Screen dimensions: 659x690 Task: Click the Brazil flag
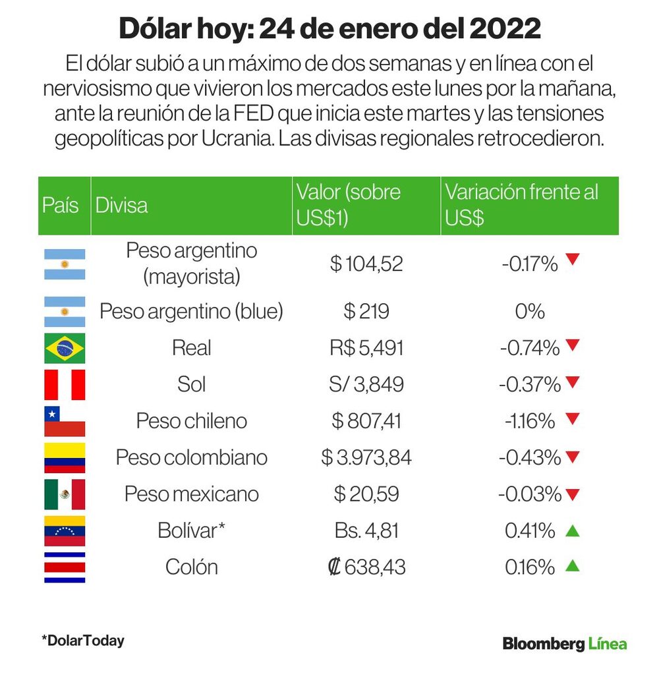(65, 348)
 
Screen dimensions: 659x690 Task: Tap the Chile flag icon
(65, 421)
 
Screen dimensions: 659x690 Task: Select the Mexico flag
(65, 494)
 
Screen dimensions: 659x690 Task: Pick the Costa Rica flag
(65, 567)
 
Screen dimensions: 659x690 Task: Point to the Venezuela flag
(65, 531)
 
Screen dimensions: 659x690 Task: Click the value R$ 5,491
(366, 348)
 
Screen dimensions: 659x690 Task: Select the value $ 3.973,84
(366, 457)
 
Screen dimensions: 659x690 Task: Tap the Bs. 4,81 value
(366, 531)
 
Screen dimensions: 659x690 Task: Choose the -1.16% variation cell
(530, 421)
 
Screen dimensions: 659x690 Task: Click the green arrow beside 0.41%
(572, 531)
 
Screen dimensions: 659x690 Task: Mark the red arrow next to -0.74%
(572, 345)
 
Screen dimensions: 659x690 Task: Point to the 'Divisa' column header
(121, 206)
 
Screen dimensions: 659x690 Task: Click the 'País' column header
(60, 206)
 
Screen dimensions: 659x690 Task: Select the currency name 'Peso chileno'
(191, 421)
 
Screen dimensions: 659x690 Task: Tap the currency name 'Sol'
(191, 385)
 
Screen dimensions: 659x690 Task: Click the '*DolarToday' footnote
(83, 641)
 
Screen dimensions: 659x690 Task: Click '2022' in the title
(505, 28)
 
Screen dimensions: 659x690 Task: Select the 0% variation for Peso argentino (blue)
(530, 312)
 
